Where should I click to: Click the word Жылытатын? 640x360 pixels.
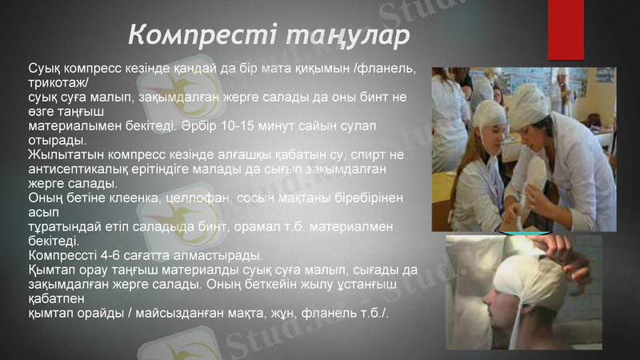(x=65, y=154)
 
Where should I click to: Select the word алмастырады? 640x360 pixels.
(x=217, y=255)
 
